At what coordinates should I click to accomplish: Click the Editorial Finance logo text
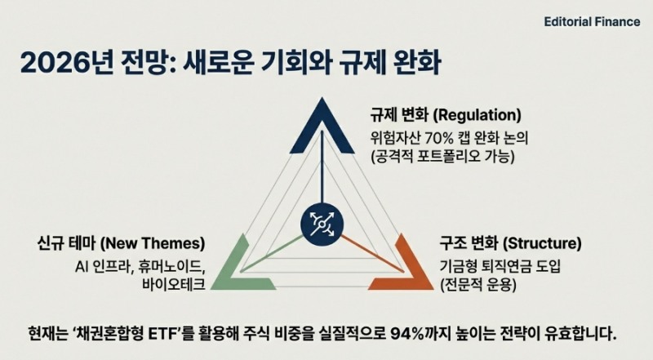592,22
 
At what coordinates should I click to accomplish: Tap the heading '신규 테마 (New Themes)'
121,244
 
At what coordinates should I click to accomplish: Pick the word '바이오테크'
171,284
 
